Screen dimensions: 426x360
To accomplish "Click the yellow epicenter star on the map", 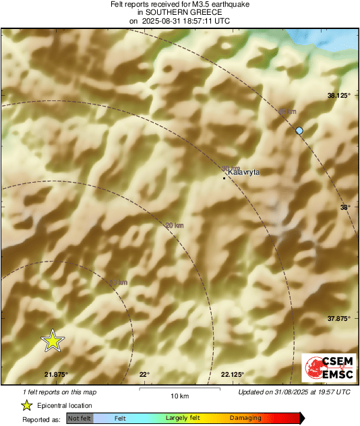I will pyautogui.click(x=53, y=341).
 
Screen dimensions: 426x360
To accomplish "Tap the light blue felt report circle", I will pyautogui.click(x=299, y=130).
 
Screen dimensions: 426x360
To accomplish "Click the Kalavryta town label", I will pyautogui.click(x=244, y=173).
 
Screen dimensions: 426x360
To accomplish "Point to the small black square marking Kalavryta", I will pyautogui.click(x=224, y=178).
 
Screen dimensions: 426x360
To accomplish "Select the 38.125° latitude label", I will pyautogui.click(x=339, y=96).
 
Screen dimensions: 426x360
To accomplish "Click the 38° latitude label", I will pyautogui.click(x=344, y=208).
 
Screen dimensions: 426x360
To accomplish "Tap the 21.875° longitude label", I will pyautogui.click(x=56, y=374).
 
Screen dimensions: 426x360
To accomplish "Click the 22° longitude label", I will pyautogui.click(x=144, y=374).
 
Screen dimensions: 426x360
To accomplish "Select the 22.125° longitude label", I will pyautogui.click(x=233, y=374).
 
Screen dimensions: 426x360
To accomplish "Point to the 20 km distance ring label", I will pyautogui.click(x=175, y=225).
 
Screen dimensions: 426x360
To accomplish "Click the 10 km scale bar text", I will pyautogui.click(x=179, y=396).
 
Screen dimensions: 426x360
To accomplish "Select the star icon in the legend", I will pyautogui.click(x=26, y=405).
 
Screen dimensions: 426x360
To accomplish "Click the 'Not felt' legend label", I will pyautogui.click(x=80, y=419).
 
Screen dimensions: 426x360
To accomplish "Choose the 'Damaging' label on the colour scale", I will pyautogui.click(x=245, y=419).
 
